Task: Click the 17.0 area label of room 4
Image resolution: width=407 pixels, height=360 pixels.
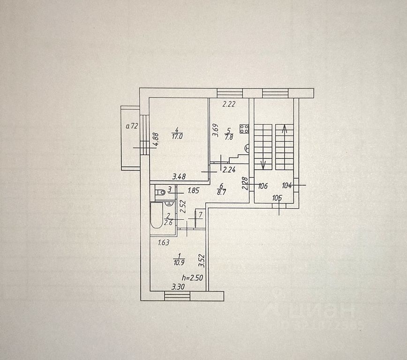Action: click(x=177, y=137)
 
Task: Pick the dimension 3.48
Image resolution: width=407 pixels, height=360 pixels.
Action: click(x=179, y=177)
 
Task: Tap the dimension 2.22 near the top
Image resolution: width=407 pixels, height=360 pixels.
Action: click(x=228, y=105)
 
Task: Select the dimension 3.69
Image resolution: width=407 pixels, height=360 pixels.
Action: click(x=215, y=130)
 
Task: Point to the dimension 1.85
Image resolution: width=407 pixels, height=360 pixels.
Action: click(x=194, y=190)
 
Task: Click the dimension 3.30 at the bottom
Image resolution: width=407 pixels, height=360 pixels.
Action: click(x=178, y=287)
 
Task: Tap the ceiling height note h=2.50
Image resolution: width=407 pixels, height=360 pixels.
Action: click(x=192, y=277)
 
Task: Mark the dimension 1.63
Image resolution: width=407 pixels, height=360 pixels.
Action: click(x=163, y=242)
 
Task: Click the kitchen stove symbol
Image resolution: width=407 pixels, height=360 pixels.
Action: click(x=244, y=128)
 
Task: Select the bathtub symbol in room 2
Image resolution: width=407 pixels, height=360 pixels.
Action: click(x=156, y=216)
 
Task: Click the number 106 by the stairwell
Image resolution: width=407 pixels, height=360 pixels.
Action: click(x=263, y=186)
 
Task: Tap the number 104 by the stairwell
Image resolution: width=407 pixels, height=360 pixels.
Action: click(x=287, y=186)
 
